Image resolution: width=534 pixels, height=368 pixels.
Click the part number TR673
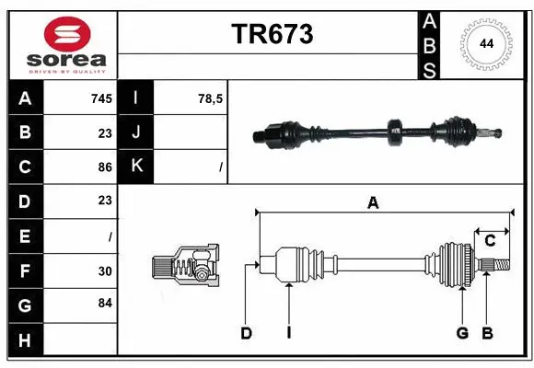coord(272,34)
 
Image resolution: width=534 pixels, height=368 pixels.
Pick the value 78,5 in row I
coord(209,98)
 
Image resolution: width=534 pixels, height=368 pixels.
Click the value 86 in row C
coord(104,167)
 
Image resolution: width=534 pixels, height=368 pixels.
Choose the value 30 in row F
coord(104,270)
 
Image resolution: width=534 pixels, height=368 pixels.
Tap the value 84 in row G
coord(104,304)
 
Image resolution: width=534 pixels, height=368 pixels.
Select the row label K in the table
coord(136,167)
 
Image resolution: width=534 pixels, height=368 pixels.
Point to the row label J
coord(136,132)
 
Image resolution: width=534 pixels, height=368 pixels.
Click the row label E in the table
coord(25,236)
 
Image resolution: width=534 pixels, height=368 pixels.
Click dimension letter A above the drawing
coord(373,204)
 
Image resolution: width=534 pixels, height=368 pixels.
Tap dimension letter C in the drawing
coord(491,241)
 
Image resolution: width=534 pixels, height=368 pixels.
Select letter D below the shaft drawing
coord(246,333)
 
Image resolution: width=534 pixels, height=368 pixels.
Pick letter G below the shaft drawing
coord(462,333)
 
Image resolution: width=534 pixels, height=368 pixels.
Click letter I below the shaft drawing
coord(288,333)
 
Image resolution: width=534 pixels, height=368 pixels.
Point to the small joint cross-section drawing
coord(185,266)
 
